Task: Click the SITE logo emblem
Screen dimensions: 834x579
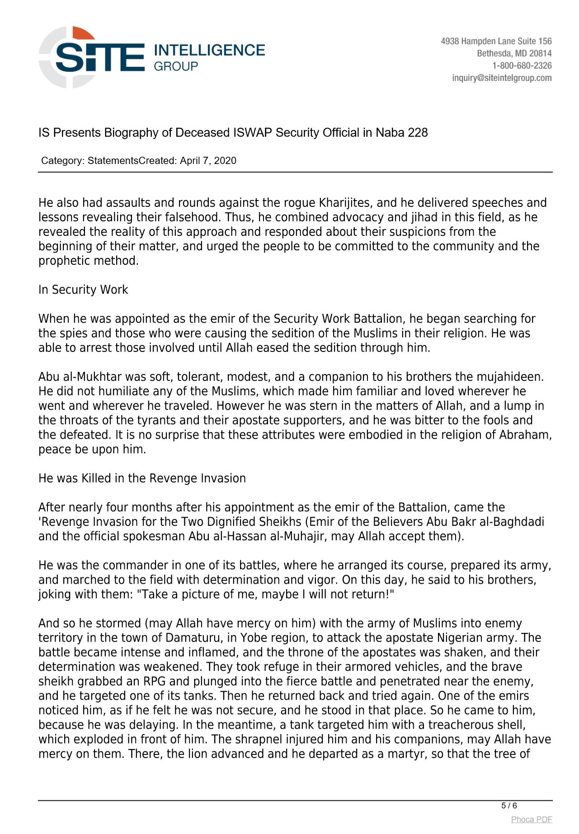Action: tap(68, 57)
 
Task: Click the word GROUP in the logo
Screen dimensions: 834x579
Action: tap(176, 66)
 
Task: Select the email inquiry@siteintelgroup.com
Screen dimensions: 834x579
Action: tap(502, 78)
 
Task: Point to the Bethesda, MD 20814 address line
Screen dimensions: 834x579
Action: tap(514, 53)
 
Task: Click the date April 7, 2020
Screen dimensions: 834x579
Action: tap(208, 161)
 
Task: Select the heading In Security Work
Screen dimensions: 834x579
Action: tap(83, 290)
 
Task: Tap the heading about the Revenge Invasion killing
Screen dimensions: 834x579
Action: tap(142, 478)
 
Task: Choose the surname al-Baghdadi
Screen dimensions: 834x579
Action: tap(517, 522)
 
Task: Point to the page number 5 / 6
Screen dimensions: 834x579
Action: tap(509, 806)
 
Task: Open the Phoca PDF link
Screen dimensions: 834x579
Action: tap(532, 820)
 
